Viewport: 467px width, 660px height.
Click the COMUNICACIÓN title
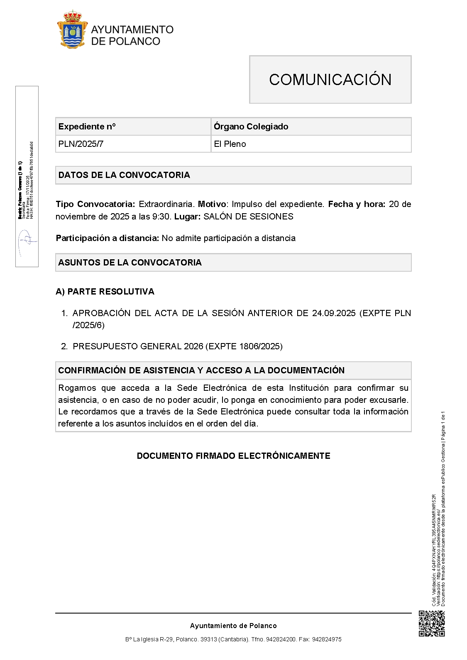330,80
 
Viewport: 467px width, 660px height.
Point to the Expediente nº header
87,127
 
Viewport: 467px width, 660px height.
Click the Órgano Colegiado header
251,127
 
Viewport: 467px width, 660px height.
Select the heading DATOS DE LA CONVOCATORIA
124,175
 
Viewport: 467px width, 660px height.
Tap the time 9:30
162,217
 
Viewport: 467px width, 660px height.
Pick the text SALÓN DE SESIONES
248,217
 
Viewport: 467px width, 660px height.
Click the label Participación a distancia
107,238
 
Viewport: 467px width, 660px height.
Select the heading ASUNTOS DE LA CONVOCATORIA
130,263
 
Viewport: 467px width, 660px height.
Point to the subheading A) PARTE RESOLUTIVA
105,292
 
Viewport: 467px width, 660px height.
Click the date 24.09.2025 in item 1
334,313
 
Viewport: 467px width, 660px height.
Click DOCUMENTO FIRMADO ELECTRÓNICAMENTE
233,456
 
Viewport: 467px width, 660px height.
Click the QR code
432,623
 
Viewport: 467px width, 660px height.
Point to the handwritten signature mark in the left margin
27,243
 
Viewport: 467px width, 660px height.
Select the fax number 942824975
327,639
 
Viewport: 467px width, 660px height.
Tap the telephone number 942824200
281,639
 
